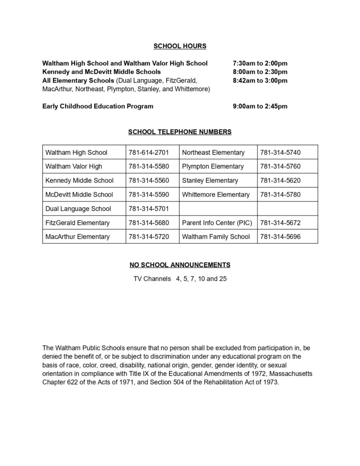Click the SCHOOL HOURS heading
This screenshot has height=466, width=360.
(180, 46)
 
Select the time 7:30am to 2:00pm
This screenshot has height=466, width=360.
(260, 63)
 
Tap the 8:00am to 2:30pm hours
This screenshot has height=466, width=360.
(260, 72)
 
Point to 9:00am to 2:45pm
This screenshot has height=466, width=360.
(260, 106)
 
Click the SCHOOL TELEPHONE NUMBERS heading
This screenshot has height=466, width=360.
(180, 132)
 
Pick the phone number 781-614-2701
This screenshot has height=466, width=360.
(149, 152)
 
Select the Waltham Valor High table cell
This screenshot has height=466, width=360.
(74, 166)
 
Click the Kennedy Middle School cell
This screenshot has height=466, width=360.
(79, 180)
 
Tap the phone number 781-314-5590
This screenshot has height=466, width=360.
(149, 195)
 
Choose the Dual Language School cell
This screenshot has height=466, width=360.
(78, 209)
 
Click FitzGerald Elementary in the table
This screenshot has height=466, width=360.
(77, 223)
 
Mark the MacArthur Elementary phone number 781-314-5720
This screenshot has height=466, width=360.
(149, 237)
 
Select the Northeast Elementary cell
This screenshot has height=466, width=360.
(213, 152)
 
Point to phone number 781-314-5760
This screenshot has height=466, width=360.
(280, 166)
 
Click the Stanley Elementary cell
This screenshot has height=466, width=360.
(210, 180)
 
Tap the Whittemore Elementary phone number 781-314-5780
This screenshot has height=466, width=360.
(280, 195)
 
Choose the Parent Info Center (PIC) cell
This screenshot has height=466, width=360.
(217, 223)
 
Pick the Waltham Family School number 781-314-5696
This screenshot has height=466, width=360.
(280, 237)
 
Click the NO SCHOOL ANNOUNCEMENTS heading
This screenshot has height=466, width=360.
(180, 265)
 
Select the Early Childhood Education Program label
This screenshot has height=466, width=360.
(97, 106)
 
